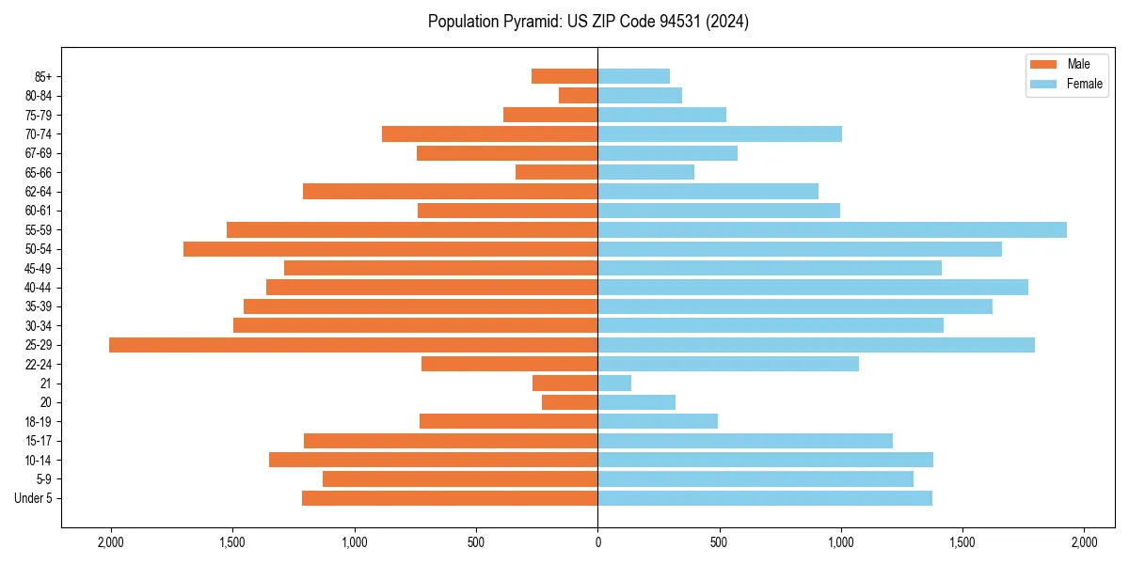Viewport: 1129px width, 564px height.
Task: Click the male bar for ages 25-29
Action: point(353,345)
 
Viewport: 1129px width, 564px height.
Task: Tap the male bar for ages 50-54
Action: point(390,249)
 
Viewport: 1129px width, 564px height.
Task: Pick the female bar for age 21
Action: point(614,384)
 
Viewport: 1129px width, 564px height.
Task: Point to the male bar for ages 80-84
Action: point(578,96)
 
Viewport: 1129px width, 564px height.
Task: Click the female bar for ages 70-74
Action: point(720,134)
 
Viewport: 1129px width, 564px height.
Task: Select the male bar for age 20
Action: point(569,402)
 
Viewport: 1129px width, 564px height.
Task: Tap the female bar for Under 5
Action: point(765,498)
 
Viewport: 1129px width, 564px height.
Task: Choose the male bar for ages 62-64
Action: point(450,192)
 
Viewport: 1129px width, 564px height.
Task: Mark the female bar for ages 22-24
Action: point(728,364)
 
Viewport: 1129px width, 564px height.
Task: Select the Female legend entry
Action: point(1068,84)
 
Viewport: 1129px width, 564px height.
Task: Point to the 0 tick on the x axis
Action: point(597,542)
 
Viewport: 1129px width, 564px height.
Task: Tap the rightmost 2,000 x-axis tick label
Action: point(1084,542)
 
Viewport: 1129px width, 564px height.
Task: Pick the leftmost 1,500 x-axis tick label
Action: point(232,542)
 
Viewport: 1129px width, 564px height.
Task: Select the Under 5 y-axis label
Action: point(34,498)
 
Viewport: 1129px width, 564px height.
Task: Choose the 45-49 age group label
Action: point(39,269)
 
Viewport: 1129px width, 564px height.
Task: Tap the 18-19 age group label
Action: point(39,422)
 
